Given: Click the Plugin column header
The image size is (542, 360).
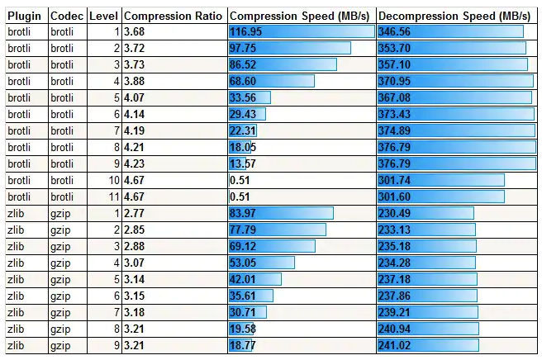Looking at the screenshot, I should (24, 16).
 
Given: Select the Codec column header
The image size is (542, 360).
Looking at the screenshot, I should (65, 16).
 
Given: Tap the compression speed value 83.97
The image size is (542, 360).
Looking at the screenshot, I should (243, 213).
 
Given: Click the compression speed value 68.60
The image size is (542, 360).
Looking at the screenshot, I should (243, 81).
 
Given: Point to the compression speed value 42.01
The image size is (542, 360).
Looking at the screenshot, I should (243, 279).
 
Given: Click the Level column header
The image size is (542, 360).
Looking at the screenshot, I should (103, 16).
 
